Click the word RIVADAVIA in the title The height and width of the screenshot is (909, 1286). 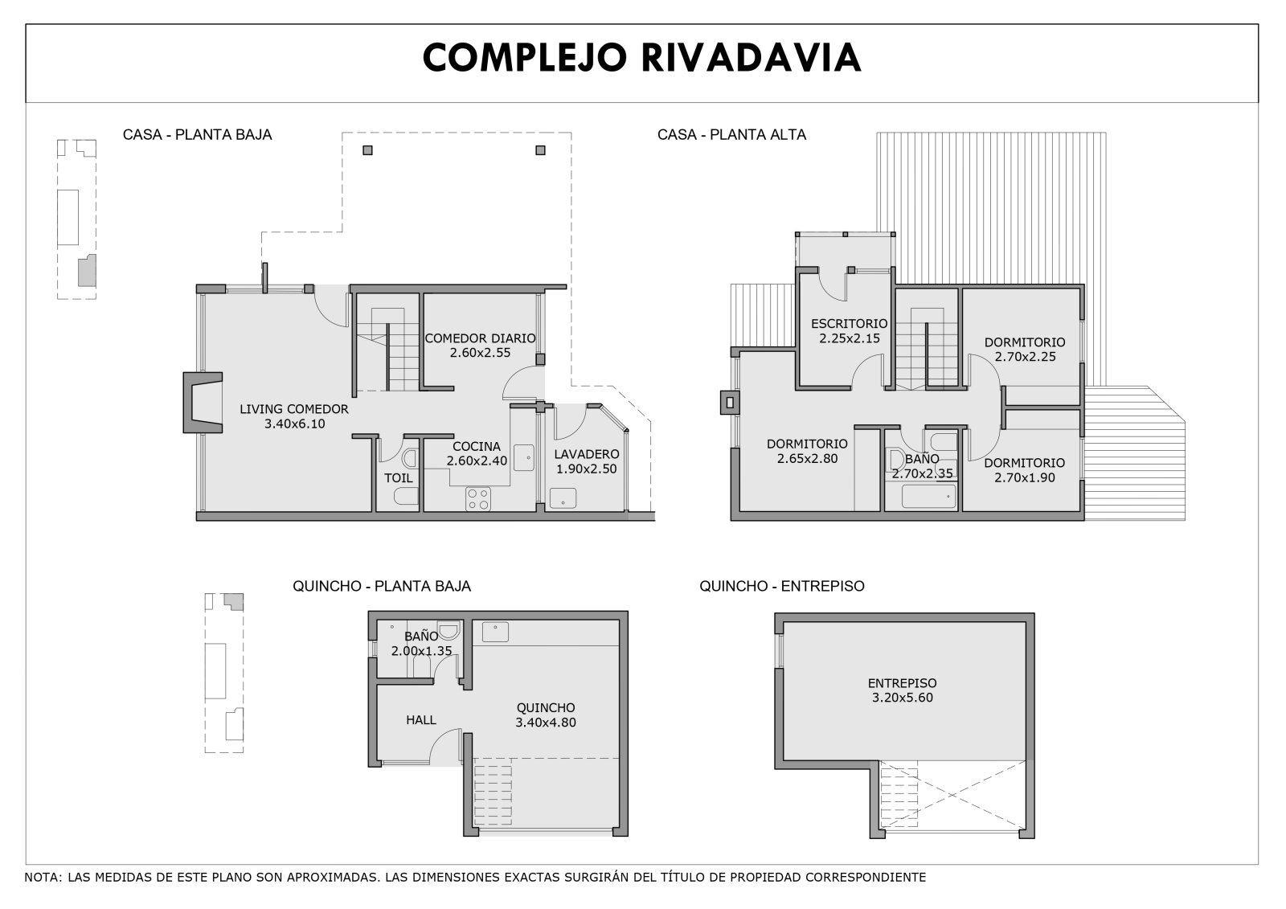point(751,58)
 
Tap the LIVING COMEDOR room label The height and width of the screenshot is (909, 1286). point(294,409)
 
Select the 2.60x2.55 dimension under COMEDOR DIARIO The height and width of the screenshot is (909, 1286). point(480,353)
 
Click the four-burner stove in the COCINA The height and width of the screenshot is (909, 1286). point(477,498)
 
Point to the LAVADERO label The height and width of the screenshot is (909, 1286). point(586,454)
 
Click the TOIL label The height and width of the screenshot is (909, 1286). point(399,477)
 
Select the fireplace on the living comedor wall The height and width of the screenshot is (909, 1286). point(203,403)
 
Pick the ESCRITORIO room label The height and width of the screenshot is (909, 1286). point(849,324)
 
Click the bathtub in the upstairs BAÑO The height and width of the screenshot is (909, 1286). point(929,497)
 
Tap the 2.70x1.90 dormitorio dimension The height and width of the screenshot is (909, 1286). point(1025,477)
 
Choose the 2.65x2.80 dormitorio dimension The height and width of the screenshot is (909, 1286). point(807,458)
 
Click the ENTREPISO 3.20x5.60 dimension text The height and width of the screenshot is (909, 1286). point(903,698)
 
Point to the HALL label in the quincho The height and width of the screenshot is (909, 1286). point(421,720)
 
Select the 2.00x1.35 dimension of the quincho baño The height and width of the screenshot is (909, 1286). point(421,651)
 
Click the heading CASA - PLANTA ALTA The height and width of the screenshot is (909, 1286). point(731,135)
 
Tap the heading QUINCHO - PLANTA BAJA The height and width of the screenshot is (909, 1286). point(382,586)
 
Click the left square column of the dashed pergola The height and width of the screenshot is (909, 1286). point(368,150)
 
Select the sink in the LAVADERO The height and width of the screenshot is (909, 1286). point(563,498)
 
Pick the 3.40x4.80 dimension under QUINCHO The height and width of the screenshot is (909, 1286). point(546,723)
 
